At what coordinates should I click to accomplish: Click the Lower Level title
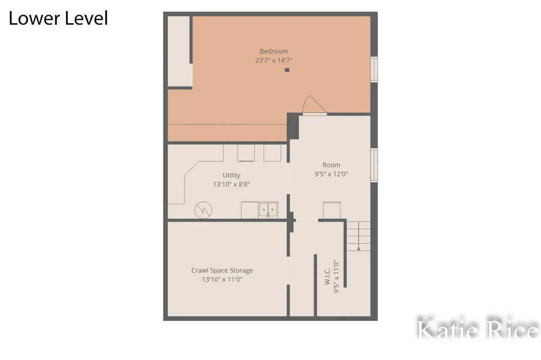pos(58,18)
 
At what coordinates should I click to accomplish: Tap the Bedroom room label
pos(274,51)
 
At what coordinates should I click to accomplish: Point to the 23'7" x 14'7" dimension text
pos(274,61)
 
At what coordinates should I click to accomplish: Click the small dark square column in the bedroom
pos(287,70)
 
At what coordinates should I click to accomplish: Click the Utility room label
pos(231,175)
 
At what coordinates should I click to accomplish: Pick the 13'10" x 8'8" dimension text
pos(231,184)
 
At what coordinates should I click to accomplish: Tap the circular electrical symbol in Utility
pos(203,210)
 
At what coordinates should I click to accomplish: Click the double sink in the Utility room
pos(268,210)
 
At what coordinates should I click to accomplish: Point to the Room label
pos(331,165)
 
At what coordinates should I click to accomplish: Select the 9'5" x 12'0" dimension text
pos(331,174)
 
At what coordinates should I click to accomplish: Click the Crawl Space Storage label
pos(222,271)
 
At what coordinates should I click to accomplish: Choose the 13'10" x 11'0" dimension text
pos(222,279)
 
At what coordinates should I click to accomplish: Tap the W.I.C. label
pos(327,276)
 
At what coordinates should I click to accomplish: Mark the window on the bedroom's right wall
pos(374,69)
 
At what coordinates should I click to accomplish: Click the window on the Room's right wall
pos(374,165)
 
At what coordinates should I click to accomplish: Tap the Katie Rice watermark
pos(478,329)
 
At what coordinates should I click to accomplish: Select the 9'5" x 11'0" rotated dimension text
pos(337,277)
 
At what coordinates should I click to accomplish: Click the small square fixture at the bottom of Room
pos(332,210)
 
